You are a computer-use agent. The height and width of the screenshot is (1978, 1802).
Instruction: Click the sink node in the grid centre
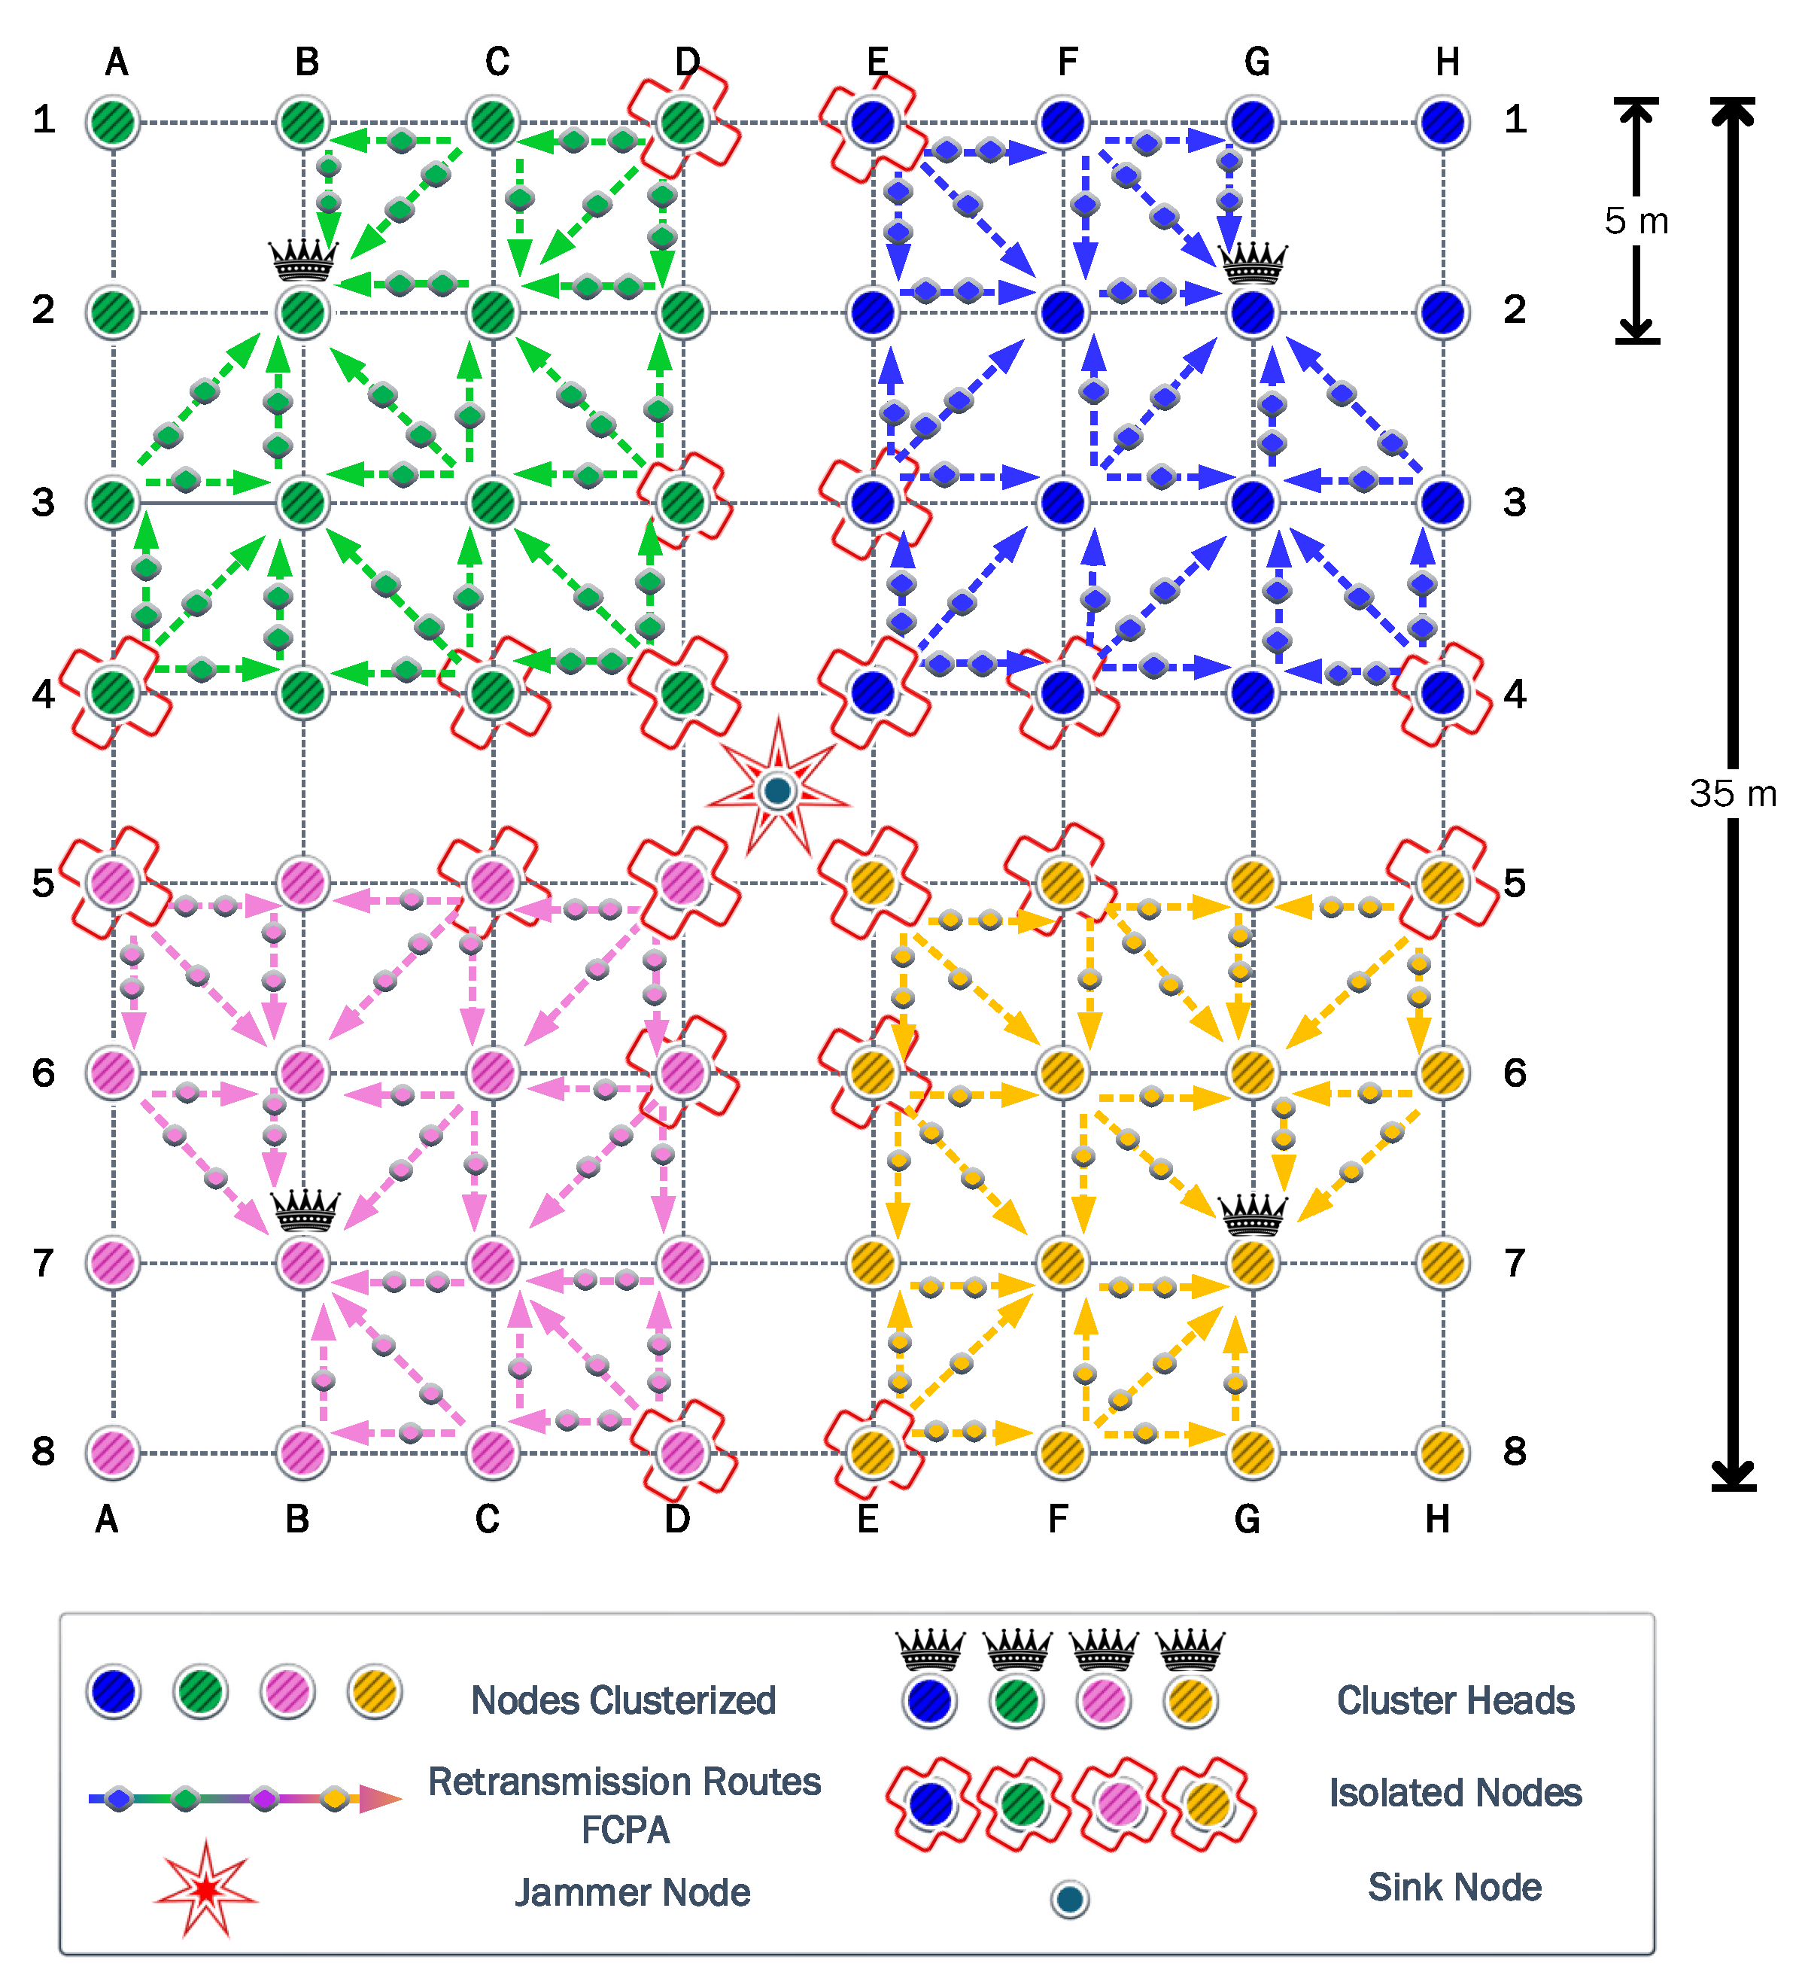778,791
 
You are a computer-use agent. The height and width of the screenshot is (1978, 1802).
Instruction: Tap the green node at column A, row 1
113,123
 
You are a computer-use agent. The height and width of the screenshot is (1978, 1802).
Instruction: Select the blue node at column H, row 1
1442,123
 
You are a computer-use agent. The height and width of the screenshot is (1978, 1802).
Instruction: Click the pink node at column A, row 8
113,1452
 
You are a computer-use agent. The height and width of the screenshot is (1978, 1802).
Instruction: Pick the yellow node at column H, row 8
1442,1452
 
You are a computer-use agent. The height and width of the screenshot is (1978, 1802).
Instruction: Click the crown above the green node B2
303,260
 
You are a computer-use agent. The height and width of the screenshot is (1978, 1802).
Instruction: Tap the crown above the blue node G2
1253,262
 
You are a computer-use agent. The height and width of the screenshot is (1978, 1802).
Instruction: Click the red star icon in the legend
206,1888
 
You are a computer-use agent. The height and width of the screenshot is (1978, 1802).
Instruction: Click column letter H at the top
1447,62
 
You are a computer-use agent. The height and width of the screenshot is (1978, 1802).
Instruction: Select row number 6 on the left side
43,1073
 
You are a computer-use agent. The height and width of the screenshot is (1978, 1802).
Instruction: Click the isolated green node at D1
682,122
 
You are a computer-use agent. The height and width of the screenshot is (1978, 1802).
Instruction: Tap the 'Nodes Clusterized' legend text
623,1700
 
